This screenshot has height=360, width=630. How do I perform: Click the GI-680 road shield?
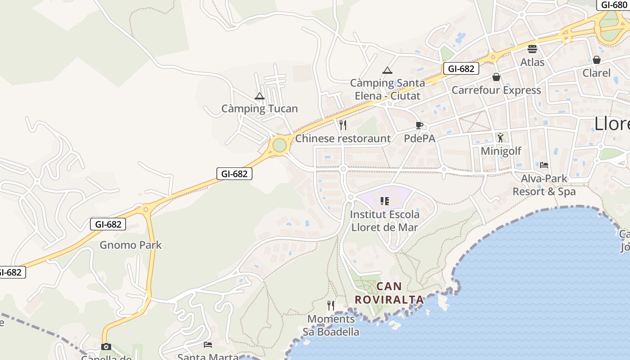tap(614, 5)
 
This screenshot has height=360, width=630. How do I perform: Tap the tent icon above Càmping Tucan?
tap(260, 96)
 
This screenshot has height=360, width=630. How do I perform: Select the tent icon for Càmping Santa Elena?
tap(387, 70)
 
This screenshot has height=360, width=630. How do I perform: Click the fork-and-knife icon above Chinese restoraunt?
tap(343, 125)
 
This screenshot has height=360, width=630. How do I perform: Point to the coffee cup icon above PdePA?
tap(419, 125)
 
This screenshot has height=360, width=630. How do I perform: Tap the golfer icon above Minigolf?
tap(500, 138)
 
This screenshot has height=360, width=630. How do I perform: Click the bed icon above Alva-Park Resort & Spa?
tap(544, 165)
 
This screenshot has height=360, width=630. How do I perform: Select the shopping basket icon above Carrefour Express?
tap(496, 77)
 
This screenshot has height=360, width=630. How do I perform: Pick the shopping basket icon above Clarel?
tap(597, 60)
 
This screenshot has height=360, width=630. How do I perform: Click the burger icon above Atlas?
tap(532, 49)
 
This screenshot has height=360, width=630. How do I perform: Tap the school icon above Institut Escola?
tap(384, 201)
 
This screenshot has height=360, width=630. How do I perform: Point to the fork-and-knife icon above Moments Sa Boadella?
tap(331, 306)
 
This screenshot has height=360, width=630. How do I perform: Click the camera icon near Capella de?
tap(106, 346)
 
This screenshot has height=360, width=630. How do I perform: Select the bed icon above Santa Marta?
tap(207, 345)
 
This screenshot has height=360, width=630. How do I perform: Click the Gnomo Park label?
tap(130, 245)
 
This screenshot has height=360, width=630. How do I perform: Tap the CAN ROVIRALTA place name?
tap(389, 293)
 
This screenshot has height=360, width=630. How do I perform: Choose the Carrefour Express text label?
tap(496, 90)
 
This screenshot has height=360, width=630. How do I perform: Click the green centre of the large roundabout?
tap(279, 145)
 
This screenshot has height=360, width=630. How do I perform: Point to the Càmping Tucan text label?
tap(260, 108)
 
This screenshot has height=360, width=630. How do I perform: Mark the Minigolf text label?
tap(501, 151)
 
